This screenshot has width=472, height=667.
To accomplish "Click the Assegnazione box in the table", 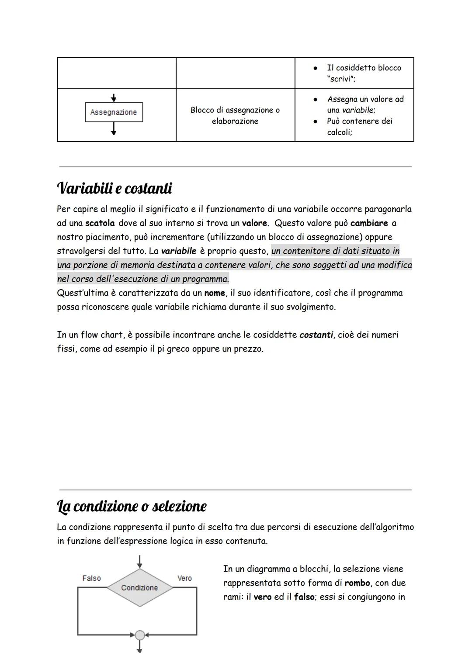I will [114, 112].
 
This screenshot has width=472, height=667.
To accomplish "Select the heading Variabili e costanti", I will [115, 189].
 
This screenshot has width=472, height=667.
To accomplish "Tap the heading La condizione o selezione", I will [132, 506].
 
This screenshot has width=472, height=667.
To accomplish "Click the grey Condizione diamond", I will [139, 587].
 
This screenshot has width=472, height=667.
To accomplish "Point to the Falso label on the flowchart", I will [91, 578].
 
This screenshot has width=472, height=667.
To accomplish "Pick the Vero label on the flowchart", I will [184, 578].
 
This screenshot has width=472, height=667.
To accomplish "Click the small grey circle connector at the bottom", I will [139, 635].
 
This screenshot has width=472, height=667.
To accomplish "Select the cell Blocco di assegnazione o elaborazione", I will [235, 115].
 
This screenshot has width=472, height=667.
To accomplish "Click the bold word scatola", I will [100, 223].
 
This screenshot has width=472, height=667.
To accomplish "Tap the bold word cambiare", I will [369, 223].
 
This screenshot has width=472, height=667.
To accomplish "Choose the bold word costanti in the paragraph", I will [316, 335].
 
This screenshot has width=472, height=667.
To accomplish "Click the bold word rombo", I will [357, 583].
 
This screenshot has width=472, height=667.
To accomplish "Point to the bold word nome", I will [215, 293].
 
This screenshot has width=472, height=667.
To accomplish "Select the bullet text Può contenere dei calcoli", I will [359, 126].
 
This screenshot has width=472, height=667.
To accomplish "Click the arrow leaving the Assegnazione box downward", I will [114, 129].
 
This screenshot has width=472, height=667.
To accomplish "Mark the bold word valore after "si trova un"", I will [254, 223].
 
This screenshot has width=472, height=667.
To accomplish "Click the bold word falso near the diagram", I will [304, 597].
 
